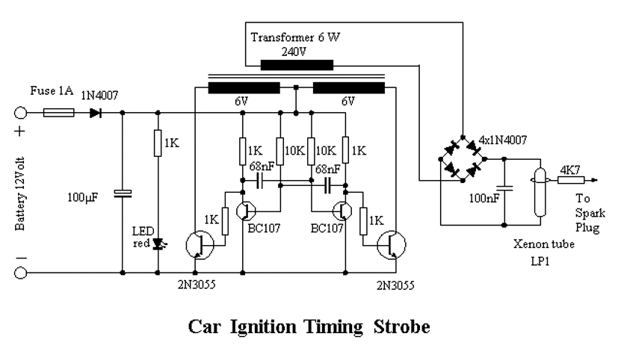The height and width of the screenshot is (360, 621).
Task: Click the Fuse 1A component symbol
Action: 58,114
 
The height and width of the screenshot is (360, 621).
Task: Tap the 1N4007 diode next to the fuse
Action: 95,114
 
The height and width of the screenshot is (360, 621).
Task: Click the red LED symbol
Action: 158,243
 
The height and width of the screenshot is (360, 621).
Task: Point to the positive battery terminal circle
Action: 21,114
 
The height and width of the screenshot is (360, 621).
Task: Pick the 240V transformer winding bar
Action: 297,65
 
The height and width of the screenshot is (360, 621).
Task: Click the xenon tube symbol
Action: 537,193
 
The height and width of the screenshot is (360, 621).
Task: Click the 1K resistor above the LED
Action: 158,143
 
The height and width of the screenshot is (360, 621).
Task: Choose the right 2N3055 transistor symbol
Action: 392,244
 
